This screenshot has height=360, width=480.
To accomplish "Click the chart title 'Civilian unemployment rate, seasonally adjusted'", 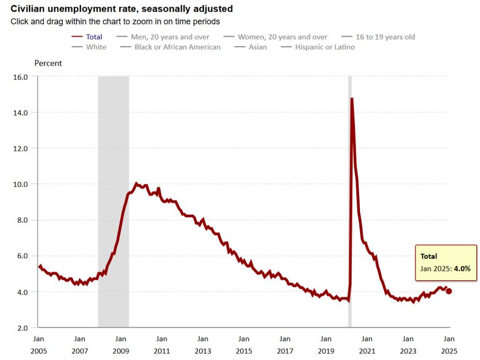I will [121, 9].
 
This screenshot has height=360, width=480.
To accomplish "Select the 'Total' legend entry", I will [94, 37].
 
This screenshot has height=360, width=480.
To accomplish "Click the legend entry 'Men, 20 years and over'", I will [169, 37].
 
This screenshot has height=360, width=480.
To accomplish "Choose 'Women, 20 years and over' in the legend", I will [282, 37].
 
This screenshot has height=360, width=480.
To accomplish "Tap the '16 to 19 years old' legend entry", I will [385, 37].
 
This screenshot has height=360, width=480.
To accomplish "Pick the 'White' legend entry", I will [96, 47].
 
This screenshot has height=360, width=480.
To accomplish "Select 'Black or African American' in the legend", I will [177, 47].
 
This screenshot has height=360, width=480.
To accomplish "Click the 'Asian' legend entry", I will [258, 47].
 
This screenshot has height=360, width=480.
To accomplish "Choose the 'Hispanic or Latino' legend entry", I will [325, 47].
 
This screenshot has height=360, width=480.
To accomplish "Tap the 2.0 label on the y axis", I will [22, 327].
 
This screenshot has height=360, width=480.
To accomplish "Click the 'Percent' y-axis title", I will [48, 63].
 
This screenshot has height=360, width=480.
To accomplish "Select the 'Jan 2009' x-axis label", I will [120, 345].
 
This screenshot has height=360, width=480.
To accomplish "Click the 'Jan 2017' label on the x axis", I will [285, 345].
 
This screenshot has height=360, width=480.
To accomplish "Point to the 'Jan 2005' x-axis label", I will [38, 345].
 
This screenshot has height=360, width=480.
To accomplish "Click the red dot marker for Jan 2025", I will [449, 291].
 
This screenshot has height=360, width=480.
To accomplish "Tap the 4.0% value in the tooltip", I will [462, 269].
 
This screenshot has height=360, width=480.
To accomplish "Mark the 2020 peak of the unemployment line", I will [352, 98].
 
